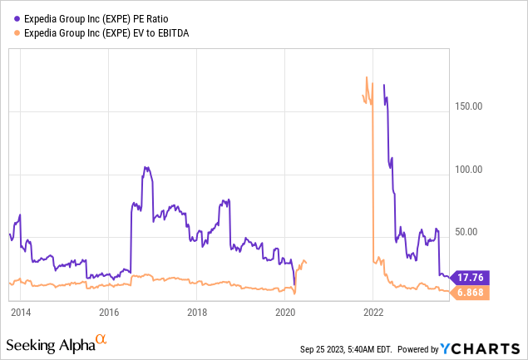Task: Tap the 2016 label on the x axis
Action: click(109, 313)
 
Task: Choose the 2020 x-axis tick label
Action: click(285, 313)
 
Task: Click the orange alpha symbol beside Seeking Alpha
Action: click(101, 339)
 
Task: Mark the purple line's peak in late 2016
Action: click(146, 167)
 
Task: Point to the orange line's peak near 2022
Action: click(367, 77)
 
